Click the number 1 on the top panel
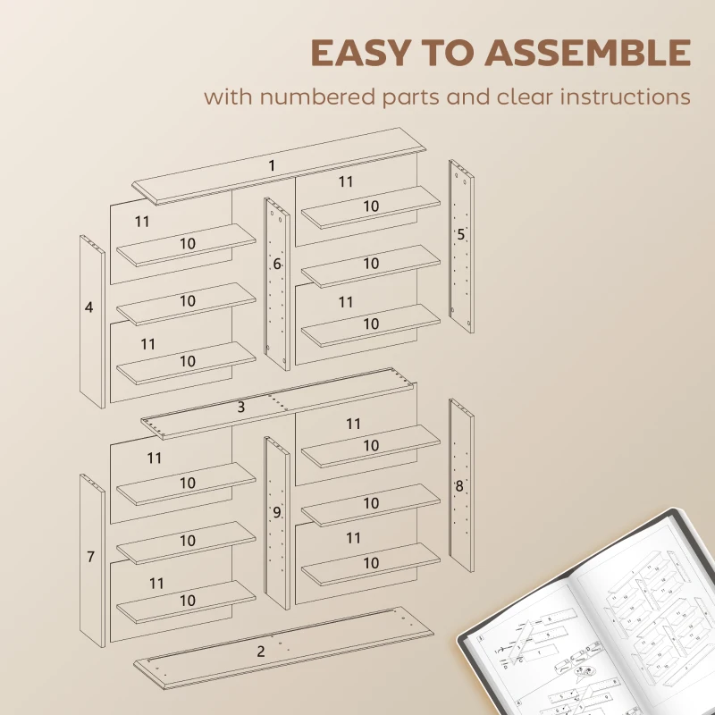click(x=272, y=166)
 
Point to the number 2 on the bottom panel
click(x=261, y=652)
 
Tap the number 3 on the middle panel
click(x=241, y=408)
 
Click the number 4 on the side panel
click(x=88, y=307)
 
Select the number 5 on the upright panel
click(x=461, y=235)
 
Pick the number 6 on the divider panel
click(x=277, y=265)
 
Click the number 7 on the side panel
click(x=90, y=557)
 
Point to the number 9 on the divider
click(x=277, y=512)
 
